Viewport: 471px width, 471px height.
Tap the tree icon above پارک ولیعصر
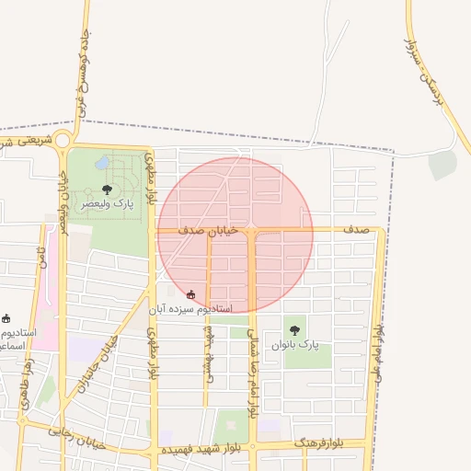tap(108, 190)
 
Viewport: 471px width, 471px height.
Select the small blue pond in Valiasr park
tap(101, 163)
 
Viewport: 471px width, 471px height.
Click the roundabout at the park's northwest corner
tap(63, 141)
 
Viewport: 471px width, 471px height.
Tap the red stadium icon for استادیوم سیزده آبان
tap(190, 295)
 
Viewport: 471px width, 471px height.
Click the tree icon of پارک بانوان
tap(294, 329)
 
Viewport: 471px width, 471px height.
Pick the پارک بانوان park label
tap(294, 344)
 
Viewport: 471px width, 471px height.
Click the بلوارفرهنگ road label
tap(318, 444)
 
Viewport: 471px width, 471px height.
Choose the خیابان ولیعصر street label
tap(63, 207)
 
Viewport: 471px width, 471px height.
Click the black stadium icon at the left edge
tap(6, 318)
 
